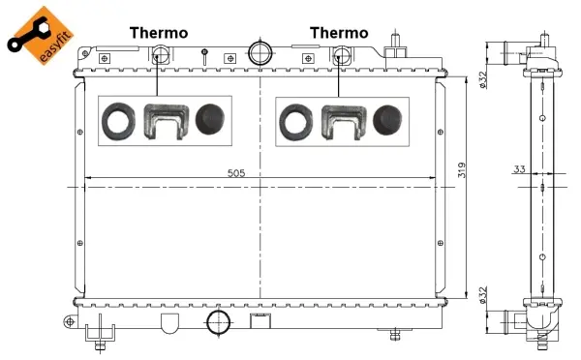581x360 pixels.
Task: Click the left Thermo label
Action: tap(159, 33)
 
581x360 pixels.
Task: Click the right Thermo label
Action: tap(339, 33)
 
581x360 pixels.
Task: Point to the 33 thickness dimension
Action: tap(519, 169)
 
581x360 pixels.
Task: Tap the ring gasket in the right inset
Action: tap(294, 121)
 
